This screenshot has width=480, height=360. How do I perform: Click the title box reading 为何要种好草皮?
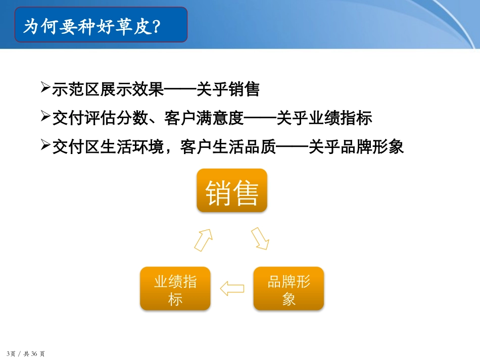101,25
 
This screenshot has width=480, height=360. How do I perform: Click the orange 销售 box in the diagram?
231,190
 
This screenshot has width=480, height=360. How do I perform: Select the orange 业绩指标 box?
175,288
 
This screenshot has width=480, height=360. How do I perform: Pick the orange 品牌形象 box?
289,288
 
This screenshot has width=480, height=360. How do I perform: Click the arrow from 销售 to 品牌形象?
260,238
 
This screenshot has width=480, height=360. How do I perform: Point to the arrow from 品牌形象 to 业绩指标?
232,288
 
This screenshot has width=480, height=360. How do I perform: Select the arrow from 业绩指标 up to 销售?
203,238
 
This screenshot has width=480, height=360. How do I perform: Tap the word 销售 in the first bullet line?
244,90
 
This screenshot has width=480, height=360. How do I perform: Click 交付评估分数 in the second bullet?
100,119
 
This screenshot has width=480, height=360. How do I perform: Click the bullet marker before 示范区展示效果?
44,88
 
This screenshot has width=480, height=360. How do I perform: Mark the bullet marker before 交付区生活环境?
44,146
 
